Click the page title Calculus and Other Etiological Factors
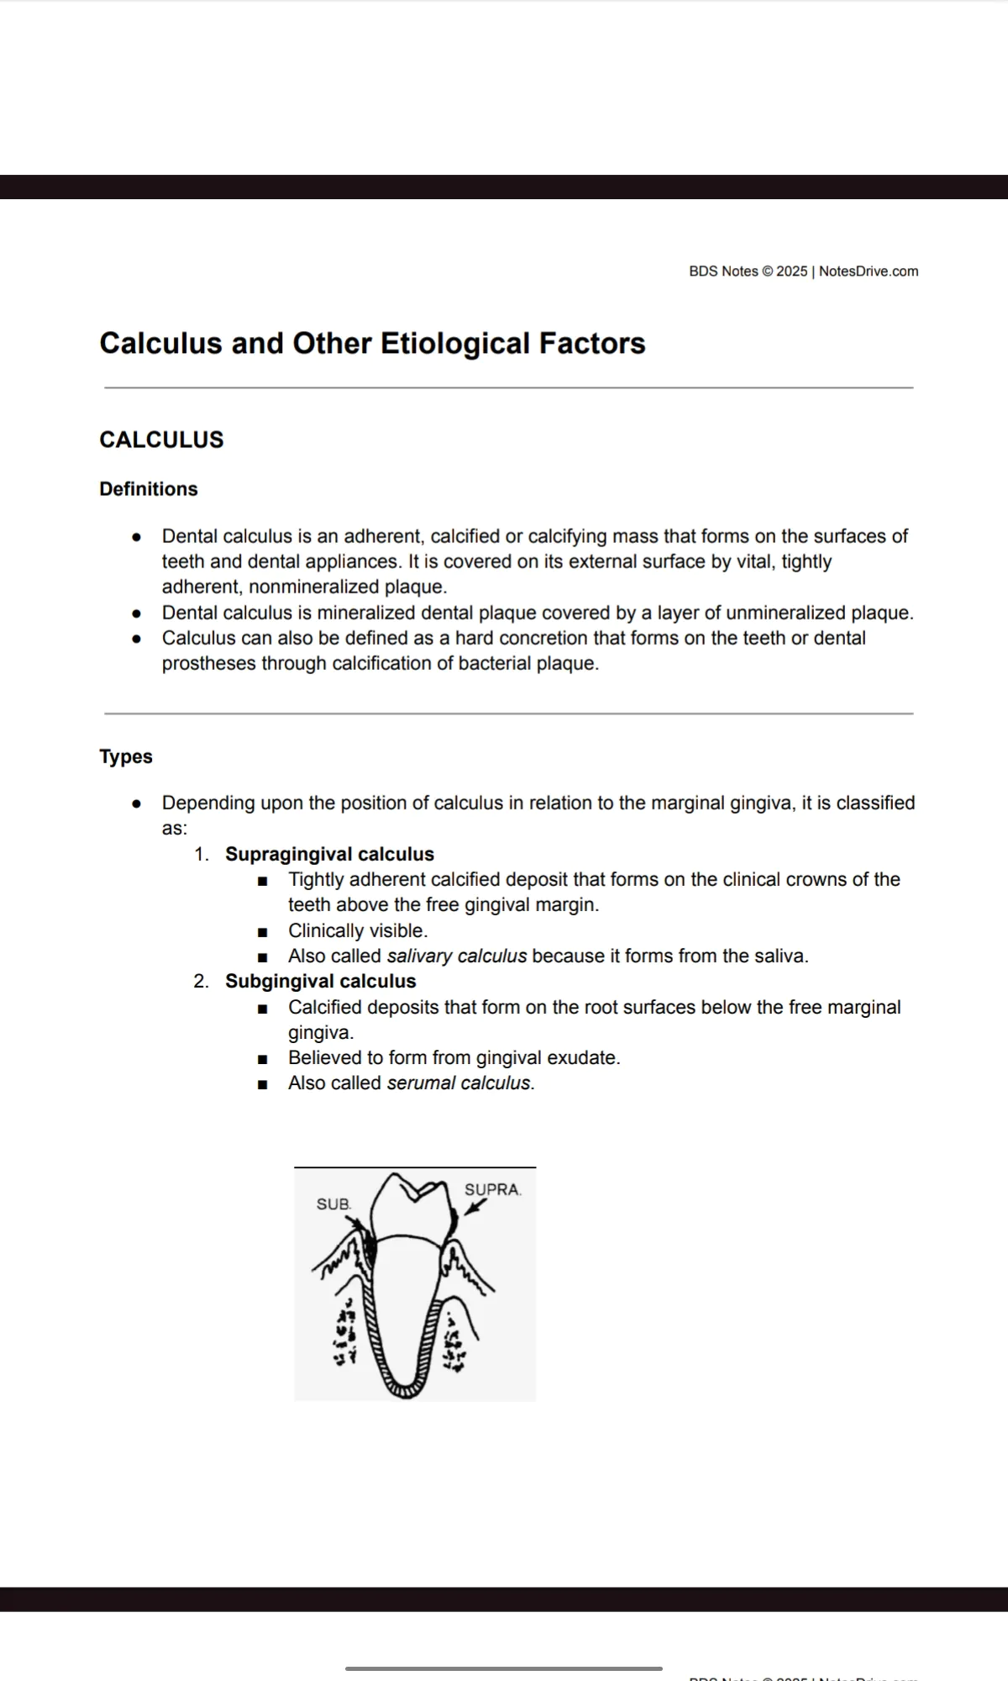(372, 343)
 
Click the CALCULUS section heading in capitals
(161, 440)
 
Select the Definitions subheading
(149, 489)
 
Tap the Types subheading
(126, 756)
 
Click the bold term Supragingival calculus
(329, 854)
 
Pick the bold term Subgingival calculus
(320, 981)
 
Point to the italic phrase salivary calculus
(456, 956)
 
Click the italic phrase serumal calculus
(459, 1083)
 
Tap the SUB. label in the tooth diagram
(333, 1204)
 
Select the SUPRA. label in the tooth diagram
(492, 1190)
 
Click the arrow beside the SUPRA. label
(475, 1206)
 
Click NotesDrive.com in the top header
(869, 271)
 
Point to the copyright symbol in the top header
(766, 271)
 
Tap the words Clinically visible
(358, 930)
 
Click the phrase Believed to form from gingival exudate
(454, 1057)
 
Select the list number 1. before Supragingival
(202, 854)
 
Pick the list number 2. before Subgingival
(202, 981)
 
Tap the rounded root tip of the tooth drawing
(406, 1389)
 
